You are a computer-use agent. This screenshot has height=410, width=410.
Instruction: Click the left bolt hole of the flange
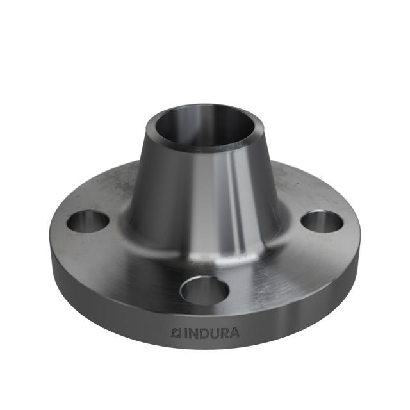(x=88, y=222)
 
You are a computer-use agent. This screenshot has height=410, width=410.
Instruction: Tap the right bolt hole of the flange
(x=322, y=221)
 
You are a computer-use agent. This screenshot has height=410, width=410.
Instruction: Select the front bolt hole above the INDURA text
(x=204, y=290)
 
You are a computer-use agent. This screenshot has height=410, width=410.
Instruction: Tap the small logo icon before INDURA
(x=177, y=333)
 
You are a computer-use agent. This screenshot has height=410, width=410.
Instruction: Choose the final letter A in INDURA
(x=235, y=333)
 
